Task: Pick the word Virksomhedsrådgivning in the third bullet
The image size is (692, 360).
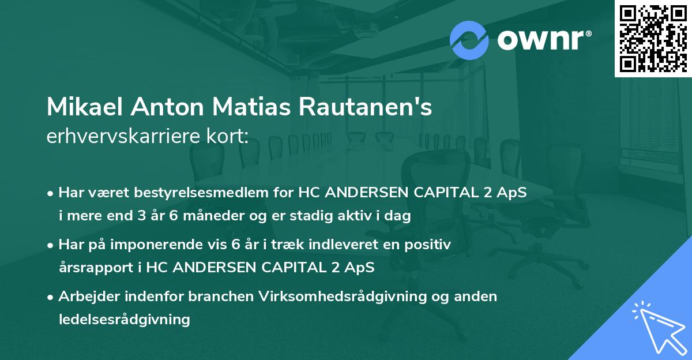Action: (x=330, y=297)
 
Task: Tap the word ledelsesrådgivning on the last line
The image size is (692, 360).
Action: (x=125, y=319)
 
